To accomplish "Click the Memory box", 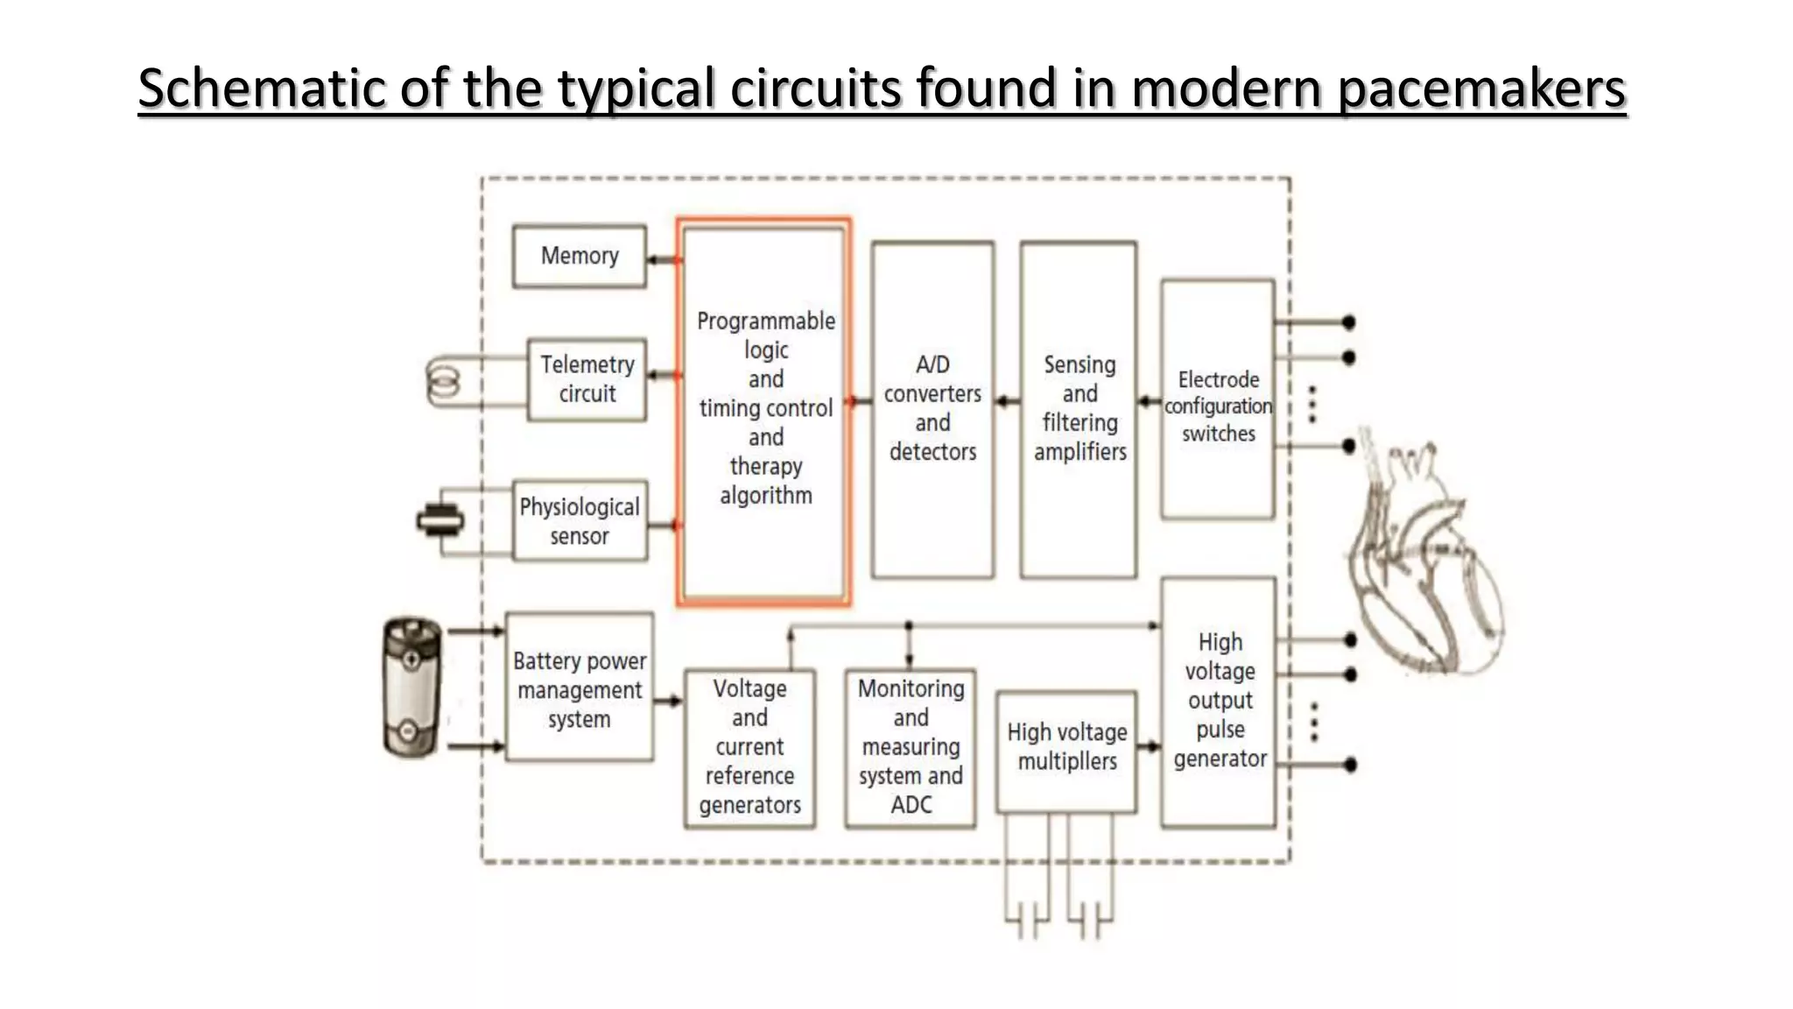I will point(579,256).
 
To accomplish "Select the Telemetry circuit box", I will point(587,379).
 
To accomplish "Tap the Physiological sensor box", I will point(580,520).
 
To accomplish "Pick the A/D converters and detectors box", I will point(932,409).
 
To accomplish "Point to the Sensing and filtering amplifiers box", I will point(1079,409).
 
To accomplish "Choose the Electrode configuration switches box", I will point(1217,399).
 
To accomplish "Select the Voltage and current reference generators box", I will point(749,747).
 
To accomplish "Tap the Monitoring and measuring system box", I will point(911,747).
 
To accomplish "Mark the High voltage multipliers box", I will point(1066,750).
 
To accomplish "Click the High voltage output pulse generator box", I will point(1219,701).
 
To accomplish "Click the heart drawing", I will point(1423,561).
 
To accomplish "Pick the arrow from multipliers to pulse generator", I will point(1149,747).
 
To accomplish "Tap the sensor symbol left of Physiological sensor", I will point(439,521).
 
